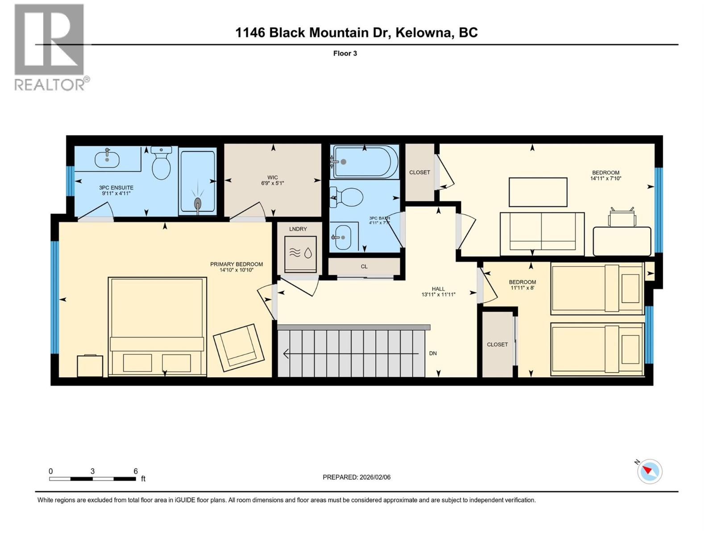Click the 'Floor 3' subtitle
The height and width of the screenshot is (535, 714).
click(x=345, y=53)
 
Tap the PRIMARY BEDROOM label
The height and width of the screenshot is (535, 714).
click(x=236, y=264)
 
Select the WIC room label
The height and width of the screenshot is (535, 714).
click(x=272, y=178)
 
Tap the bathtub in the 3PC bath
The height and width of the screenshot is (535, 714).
click(x=364, y=162)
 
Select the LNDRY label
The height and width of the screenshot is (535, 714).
click(x=298, y=229)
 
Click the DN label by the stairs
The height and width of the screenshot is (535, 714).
click(x=432, y=353)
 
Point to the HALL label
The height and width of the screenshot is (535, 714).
click(x=438, y=289)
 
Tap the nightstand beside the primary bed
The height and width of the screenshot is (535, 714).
click(x=90, y=366)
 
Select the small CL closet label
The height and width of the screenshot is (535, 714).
click(x=364, y=267)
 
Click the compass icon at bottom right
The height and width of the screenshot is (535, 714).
click(x=649, y=472)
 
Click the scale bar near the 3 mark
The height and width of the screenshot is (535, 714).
click(x=92, y=479)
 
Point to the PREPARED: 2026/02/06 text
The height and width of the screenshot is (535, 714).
click(x=356, y=477)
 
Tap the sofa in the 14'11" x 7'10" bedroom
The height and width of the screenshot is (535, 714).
click(x=542, y=234)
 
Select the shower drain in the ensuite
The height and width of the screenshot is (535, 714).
click(x=198, y=204)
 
